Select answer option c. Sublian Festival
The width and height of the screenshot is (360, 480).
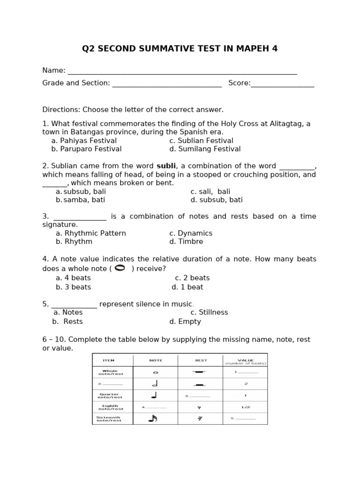point(201,141)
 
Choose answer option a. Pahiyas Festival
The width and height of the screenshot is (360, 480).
point(84,141)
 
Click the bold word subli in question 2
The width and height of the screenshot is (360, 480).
point(166,166)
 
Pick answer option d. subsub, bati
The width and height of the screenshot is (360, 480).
point(217,200)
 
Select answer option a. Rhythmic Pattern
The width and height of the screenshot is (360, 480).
point(91,233)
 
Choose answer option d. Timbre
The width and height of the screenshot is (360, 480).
point(186,242)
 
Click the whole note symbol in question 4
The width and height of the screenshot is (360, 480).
point(120,268)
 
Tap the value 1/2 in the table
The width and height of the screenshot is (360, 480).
point(245,407)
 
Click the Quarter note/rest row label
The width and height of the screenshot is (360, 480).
point(109,396)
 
